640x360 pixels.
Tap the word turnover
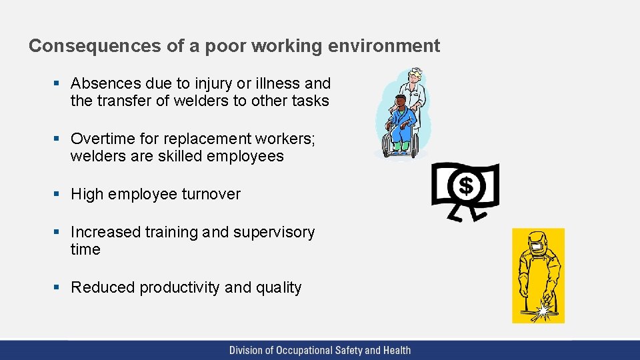[209, 194]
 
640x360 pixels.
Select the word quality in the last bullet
[278, 287]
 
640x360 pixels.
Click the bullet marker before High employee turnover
[57, 194]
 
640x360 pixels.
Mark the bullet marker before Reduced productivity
[57, 287]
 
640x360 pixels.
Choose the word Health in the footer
[396, 350]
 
